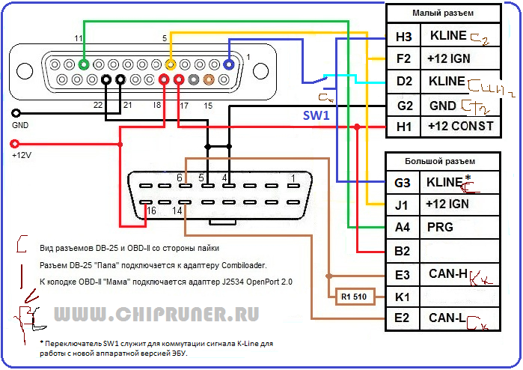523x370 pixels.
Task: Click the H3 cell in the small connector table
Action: click(x=403, y=37)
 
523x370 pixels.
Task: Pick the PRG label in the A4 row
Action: click(x=440, y=227)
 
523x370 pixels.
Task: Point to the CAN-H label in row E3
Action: click(x=447, y=275)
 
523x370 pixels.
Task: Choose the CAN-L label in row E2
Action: click(x=447, y=318)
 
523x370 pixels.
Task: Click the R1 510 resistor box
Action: click(x=355, y=297)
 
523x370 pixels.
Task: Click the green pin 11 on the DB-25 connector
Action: click(x=84, y=64)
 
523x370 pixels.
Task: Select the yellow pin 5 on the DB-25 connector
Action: click(x=171, y=64)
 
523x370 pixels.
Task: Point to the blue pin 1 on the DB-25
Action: click(x=229, y=64)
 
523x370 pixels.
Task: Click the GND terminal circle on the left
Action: click(x=15, y=113)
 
